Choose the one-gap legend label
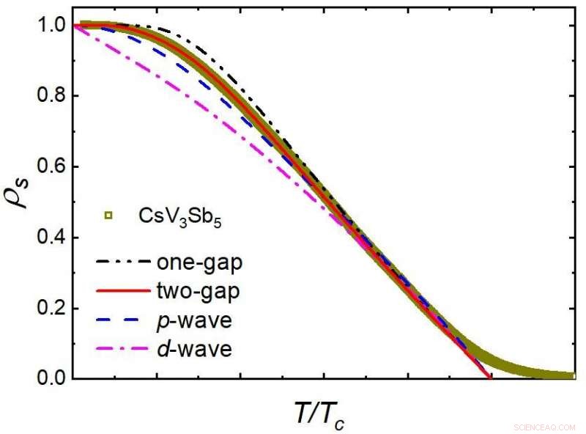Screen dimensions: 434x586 tap(193, 262)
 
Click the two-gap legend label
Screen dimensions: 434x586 tap(192, 290)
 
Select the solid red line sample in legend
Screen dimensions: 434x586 tap(121, 291)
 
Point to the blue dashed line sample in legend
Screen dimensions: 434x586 tap(121, 320)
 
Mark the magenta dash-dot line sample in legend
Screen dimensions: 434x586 tap(121, 350)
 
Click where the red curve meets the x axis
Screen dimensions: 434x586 tap(490, 378)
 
